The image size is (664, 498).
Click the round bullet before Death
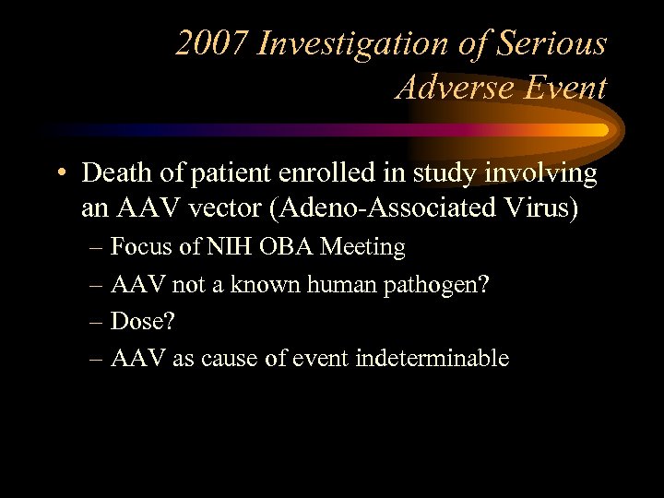pos(62,173)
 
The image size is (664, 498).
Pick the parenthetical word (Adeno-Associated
pos(375,209)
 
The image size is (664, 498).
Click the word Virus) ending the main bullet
pos(538,209)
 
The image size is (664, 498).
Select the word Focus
pos(141,247)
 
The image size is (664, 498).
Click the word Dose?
pos(141,321)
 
